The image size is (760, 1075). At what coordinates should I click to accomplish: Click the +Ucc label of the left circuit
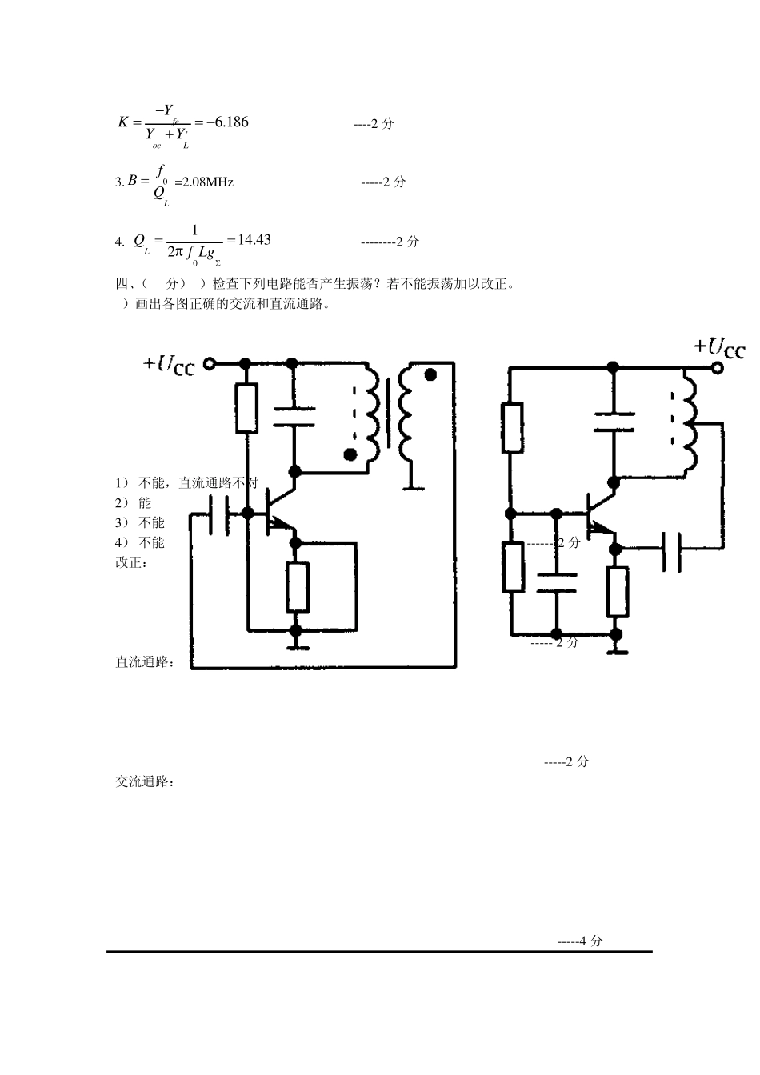coord(169,364)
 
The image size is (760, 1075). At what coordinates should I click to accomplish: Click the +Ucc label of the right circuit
coord(719,347)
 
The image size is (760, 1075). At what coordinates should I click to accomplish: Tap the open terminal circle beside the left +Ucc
coord(210,364)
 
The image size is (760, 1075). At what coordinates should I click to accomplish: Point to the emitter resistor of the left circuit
coord(298,587)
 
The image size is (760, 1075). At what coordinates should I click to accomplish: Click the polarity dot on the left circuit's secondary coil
coord(430,374)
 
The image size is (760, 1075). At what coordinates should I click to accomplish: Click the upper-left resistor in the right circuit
coord(513,428)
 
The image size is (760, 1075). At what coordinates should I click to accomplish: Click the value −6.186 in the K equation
coord(227,122)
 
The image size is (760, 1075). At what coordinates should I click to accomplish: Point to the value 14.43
coord(254,240)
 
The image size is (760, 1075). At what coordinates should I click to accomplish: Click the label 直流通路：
coord(146,662)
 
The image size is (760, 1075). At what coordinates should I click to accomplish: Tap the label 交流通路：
coord(146,781)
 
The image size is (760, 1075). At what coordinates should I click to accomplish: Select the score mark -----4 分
coord(580,941)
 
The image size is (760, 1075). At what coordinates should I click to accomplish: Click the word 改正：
coord(133,562)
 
